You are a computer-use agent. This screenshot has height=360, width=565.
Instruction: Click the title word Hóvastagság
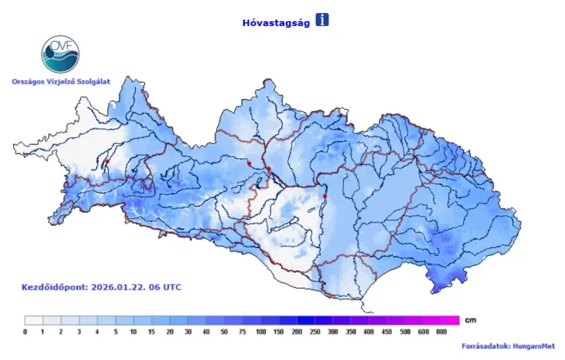(274, 22)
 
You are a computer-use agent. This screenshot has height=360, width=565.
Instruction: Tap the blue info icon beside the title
(322, 20)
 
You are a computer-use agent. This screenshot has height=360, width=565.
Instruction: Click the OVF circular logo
(61, 54)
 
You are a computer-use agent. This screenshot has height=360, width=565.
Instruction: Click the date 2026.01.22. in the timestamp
(124, 287)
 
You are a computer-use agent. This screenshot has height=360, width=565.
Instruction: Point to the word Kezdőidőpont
(53, 287)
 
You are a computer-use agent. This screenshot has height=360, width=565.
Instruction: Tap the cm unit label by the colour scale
(469, 319)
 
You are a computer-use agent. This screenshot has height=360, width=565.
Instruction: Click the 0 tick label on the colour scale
(25, 331)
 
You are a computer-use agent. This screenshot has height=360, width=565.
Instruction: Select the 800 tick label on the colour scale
(442, 331)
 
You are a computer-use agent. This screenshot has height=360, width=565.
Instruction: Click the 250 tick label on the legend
(315, 331)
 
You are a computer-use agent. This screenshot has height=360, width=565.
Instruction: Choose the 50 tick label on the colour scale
(224, 331)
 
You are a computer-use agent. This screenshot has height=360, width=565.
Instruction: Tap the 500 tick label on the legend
(405, 331)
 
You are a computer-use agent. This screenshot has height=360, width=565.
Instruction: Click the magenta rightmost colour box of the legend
(450, 320)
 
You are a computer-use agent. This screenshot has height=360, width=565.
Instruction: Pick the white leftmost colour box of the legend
(34, 320)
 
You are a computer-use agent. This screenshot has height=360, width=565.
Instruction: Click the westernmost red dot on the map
(107, 162)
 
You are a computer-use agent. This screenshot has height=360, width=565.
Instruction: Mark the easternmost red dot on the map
(325, 196)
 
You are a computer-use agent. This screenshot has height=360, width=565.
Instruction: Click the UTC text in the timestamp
(172, 287)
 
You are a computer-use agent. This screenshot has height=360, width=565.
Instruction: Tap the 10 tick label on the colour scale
(133, 331)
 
